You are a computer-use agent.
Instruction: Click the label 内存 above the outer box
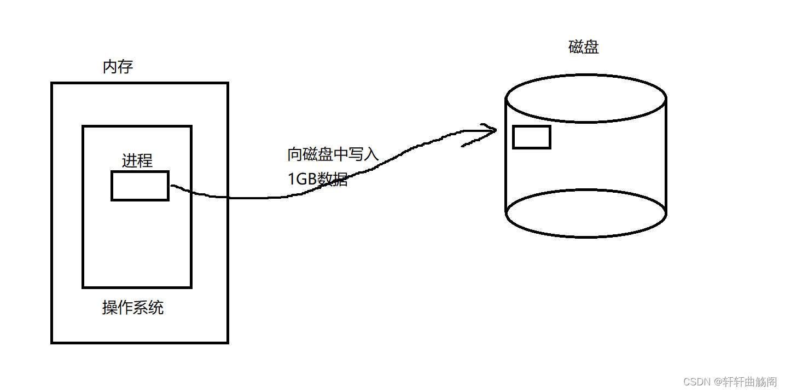pyautogui.click(x=118, y=67)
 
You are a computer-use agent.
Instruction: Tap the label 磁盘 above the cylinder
pyautogui.click(x=584, y=47)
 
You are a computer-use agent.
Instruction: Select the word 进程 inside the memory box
pyautogui.click(x=137, y=160)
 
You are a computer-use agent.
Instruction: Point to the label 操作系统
pyautogui.click(x=133, y=308)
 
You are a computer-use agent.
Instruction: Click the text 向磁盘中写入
pyautogui.click(x=333, y=154)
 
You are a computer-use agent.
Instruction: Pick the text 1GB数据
pyautogui.click(x=318, y=179)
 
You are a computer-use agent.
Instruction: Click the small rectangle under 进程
pyautogui.click(x=140, y=186)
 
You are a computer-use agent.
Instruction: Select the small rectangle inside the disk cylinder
pyautogui.click(x=531, y=137)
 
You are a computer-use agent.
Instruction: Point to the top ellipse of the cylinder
pyautogui.click(x=585, y=99)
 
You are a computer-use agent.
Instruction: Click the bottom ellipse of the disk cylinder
pyautogui.click(x=585, y=214)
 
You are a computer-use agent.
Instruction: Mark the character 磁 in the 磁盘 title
pyautogui.click(x=577, y=47)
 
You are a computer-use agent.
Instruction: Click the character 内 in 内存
pyautogui.click(x=111, y=67)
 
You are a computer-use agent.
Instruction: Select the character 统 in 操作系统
pyautogui.click(x=156, y=308)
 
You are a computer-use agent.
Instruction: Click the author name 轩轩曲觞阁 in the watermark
pyautogui.click(x=749, y=381)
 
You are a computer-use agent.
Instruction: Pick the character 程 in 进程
pyautogui.click(x=145, y=160)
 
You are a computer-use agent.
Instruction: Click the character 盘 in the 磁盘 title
pyautogui.click(x=591, y=47)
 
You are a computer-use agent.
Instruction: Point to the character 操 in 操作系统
pyautogui.click(x=110, y=308)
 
